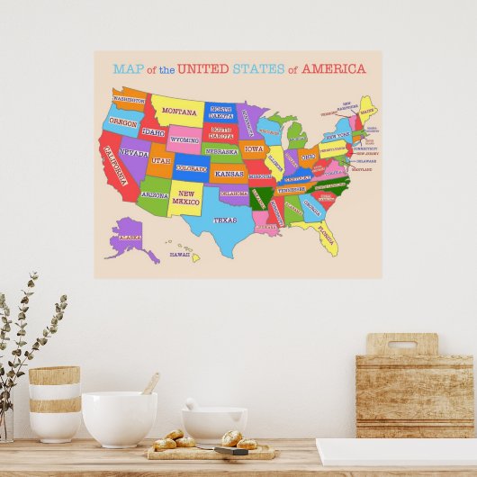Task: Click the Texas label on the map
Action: (224, 219)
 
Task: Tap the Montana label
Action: (179, 112)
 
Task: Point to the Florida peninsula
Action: (326, 239)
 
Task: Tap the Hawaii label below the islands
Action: (180, 255)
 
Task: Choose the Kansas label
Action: (229, 173)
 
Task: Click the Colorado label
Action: (191, 168)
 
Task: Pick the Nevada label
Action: (134, 153)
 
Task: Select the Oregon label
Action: (124, 121)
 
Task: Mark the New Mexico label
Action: (186, 196)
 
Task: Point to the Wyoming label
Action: (184, 139)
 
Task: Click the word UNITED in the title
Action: (203, 68)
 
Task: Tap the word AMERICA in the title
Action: (333, 68)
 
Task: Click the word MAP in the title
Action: (129, 68)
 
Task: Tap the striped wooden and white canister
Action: (54, 402)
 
